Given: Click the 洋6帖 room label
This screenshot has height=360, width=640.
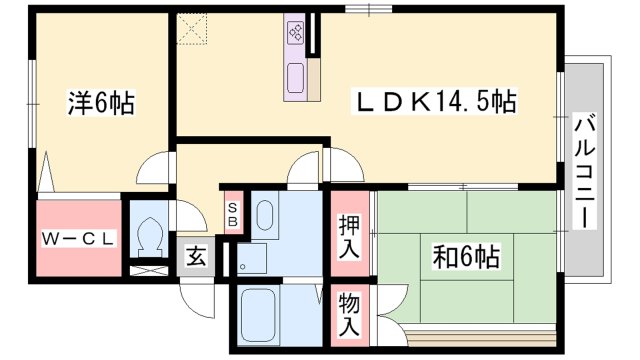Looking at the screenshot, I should click(101, 102).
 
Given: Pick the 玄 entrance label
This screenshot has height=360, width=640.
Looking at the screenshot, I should click(196, 256).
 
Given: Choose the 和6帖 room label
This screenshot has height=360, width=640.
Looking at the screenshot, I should click(464, 257).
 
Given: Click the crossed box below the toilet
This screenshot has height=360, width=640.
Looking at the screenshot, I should click(149, 269).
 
